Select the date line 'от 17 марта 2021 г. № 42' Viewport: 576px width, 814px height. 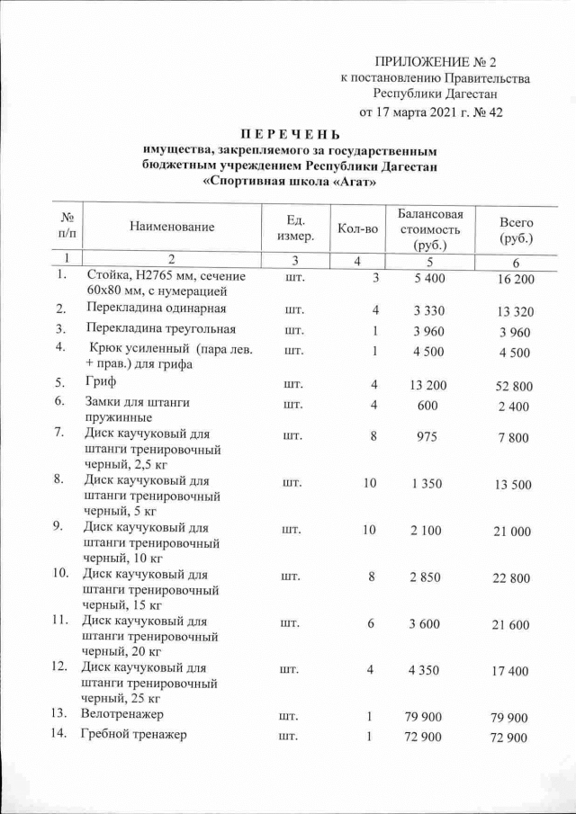click(x=429, y=112)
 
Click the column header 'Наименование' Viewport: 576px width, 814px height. click(x=172, y=227)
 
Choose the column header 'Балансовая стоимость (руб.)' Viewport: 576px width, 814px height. click(x=429, y=228)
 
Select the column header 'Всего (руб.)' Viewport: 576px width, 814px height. click(x=516, y=230)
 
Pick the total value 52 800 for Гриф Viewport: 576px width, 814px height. click(x=515, y=387)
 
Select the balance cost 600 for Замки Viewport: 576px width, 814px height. click(x=427, y=404)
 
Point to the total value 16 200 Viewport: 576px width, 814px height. click(x=515, y=280)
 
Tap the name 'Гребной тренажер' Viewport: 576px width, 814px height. click(x=133, y=736)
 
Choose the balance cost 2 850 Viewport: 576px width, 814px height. click(x=426, y=577)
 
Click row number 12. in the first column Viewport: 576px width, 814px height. click(x=61, y=667)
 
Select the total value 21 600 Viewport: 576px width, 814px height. click(x=515, y=625)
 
